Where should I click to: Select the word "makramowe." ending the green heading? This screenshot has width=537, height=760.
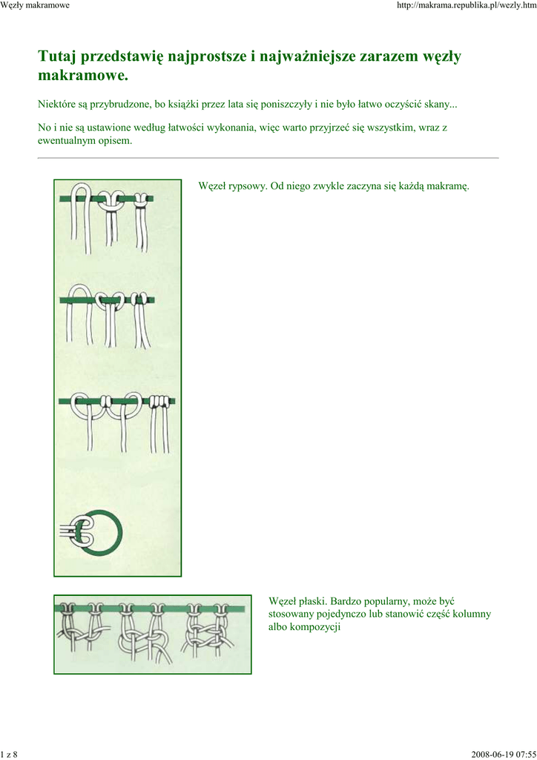coord(83,76)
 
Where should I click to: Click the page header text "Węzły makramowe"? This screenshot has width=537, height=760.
coord(35,5)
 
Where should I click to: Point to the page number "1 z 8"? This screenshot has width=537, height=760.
coord(9,754)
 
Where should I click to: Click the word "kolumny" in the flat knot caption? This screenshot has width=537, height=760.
coord(472,614)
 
